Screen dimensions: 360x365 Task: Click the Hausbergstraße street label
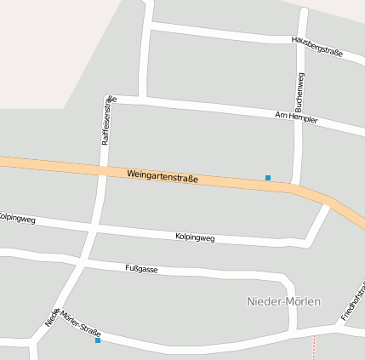317,46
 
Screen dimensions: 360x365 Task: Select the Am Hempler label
296,117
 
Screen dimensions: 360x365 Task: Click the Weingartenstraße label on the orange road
163,176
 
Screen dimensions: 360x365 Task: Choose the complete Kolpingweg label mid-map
195,237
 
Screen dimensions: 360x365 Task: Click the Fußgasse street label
141,269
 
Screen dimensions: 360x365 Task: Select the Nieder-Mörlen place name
283,301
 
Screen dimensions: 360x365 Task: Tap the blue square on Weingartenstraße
268,178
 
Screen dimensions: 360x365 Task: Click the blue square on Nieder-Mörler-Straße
98,340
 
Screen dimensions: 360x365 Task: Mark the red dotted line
314,346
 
